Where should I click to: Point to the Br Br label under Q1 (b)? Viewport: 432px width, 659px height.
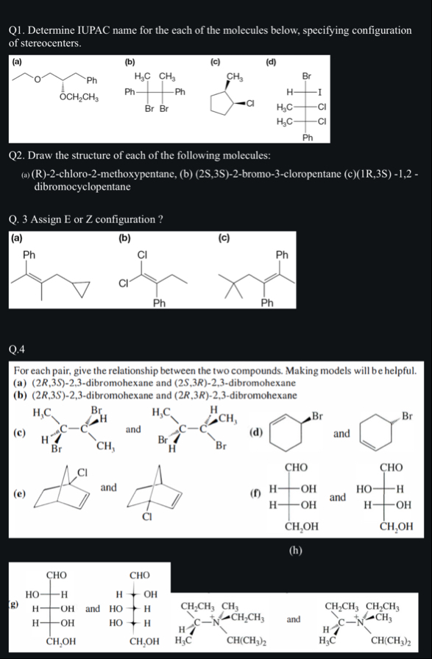coord(156,108)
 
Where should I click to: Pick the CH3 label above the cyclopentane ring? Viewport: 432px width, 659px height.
coord(236,75)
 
